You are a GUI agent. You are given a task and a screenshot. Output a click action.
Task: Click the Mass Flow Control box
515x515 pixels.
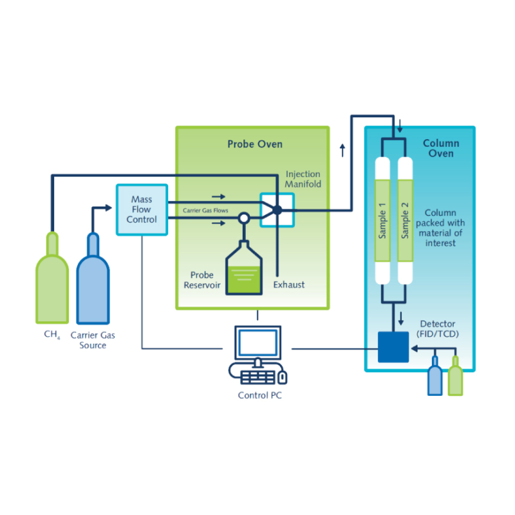pyautogui.click(x=141, y=210)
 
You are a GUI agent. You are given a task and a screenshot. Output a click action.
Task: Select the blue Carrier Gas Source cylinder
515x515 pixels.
pyautogui.click(x=93, y=283)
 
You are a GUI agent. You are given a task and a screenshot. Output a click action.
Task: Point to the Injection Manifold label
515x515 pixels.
pyautogui.click(x=303, y=179)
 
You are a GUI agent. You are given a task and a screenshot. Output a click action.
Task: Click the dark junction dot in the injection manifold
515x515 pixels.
pyautogui.click(x=277, y=210)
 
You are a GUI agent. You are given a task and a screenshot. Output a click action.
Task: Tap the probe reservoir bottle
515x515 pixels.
pyautogui.click(x=244, y=270)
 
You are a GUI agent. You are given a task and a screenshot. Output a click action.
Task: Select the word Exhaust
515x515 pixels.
pyautogui.click(x=289, y=284)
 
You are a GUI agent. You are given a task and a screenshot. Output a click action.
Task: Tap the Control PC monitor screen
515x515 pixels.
pyautogui.click(x=257, y=343)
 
